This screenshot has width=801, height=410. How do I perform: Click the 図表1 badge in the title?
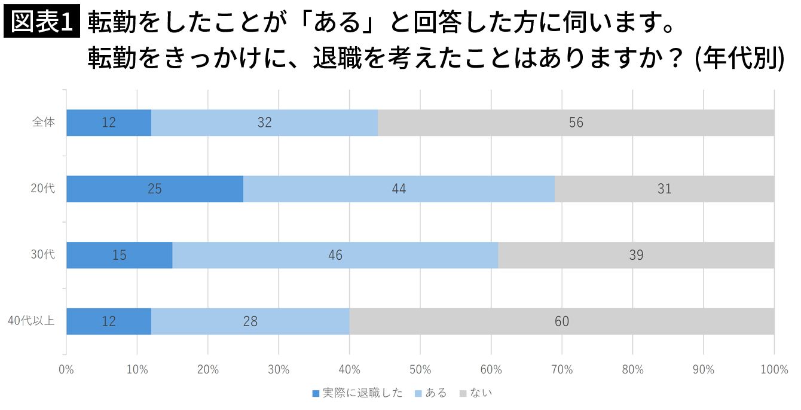click(42, 23)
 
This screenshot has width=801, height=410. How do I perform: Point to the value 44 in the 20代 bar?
click(399, 189)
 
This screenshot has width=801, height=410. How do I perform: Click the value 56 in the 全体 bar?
click(576, 123)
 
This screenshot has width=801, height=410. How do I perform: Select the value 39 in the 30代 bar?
click(636, 255)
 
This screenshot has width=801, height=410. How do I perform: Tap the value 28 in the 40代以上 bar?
click(250, 321)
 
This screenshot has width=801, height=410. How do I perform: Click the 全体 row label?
click(44, 122)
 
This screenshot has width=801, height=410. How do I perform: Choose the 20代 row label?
click(43, 189)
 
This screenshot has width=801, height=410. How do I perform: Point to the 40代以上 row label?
click(31, 321)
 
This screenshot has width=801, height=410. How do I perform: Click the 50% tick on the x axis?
click(420, 370)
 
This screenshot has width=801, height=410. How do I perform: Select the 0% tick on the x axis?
click(66, 370)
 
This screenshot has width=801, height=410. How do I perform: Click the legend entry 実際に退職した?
click(357, 393)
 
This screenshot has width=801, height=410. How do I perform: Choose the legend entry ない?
click(476, 393)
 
